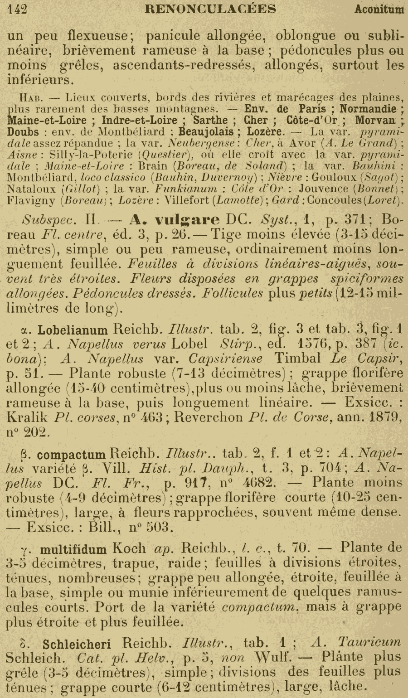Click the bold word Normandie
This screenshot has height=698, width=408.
(x=369, y=109)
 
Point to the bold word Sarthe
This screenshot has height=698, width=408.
(x=210, y=120)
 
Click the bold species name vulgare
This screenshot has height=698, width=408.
(x=187, y=220)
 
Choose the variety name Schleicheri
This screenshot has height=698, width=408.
(x=81, y=643)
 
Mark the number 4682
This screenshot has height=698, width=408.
(x=258, y=483)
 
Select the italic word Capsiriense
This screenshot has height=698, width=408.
(x=225, y=359)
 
